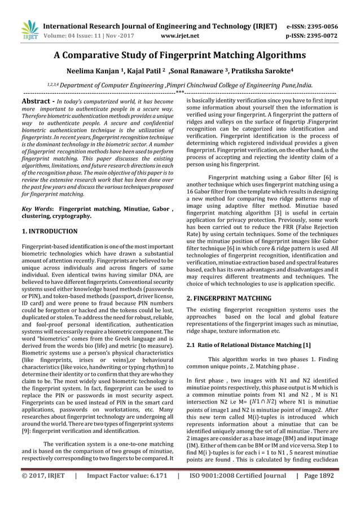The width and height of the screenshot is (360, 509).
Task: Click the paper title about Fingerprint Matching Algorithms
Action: [x=179, y=55]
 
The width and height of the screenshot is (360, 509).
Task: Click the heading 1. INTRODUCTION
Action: [x=49, y=231]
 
